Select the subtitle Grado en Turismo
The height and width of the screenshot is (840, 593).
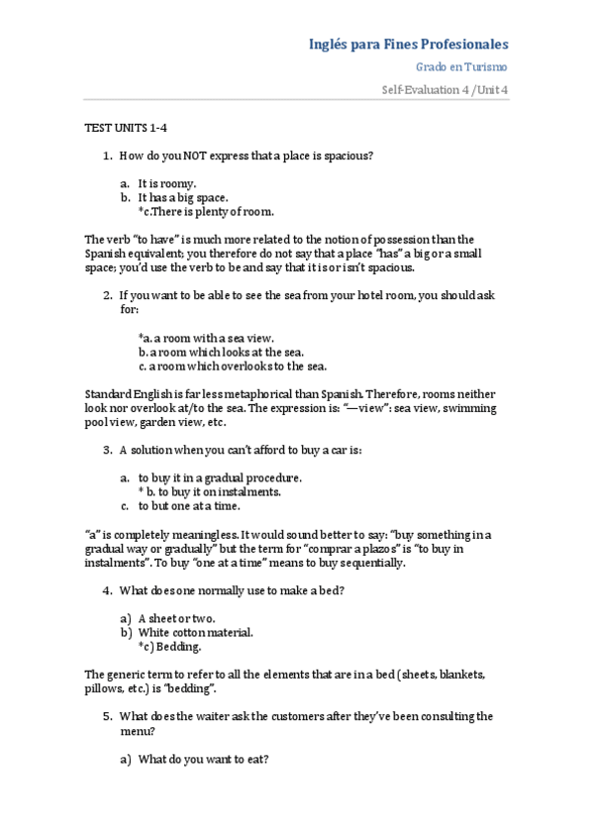point(461,67)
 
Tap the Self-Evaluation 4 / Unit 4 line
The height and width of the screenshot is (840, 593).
point(445,91)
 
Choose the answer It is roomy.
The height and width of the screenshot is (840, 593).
point(167,183)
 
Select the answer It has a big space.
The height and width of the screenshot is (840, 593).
point(183,197)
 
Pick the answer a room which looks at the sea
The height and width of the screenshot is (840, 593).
point(221,352)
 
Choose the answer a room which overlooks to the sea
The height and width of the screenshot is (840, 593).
point(232,366)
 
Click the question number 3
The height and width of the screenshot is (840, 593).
point(107,450)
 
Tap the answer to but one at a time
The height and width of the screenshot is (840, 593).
point(189,505)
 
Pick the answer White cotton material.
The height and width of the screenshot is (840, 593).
point(195,632)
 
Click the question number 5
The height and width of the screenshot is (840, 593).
point(107,716)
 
